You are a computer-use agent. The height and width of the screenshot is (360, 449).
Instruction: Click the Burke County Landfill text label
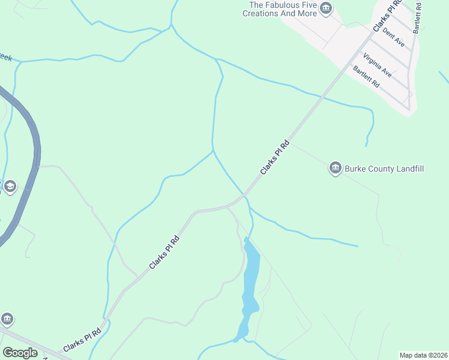(384, 169)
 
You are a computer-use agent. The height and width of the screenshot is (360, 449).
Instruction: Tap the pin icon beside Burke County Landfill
(335, 168)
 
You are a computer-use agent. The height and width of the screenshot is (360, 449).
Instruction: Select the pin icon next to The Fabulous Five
(326, 8)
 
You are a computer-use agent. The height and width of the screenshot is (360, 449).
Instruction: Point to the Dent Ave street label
(393, 38)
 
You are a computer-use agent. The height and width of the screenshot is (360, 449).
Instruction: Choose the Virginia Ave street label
(378, 65)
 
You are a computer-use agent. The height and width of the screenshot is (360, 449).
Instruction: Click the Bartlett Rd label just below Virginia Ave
(367, 77)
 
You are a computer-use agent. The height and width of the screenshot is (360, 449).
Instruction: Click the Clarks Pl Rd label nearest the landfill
(275, 157)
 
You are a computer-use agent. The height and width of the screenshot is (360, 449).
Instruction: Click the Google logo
(20, 353)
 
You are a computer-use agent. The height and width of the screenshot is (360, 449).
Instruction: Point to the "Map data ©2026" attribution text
(423, 355)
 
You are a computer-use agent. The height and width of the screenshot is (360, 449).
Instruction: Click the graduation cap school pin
(9, 187)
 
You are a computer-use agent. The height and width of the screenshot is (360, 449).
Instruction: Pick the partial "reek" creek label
(5, 58)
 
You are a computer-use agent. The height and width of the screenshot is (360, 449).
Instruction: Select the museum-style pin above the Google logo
(7, 318)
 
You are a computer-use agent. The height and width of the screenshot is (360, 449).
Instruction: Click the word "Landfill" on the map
(411, 169)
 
